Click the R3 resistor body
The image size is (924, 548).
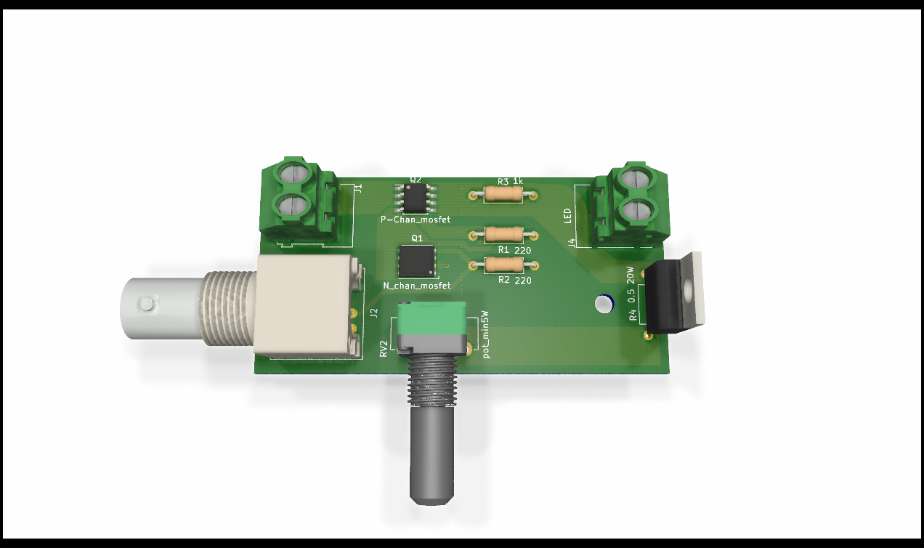point(503,194)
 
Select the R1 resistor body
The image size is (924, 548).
point(503,235)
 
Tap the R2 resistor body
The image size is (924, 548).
point(503,265)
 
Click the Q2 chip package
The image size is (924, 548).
point(416,198)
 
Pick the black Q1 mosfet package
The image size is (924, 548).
point(417,261)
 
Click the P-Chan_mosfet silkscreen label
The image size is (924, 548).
point(416,219)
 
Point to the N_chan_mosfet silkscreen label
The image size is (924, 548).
point(417,286)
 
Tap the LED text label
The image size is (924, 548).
point(567,216)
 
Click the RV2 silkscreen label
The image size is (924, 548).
point(384,349)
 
